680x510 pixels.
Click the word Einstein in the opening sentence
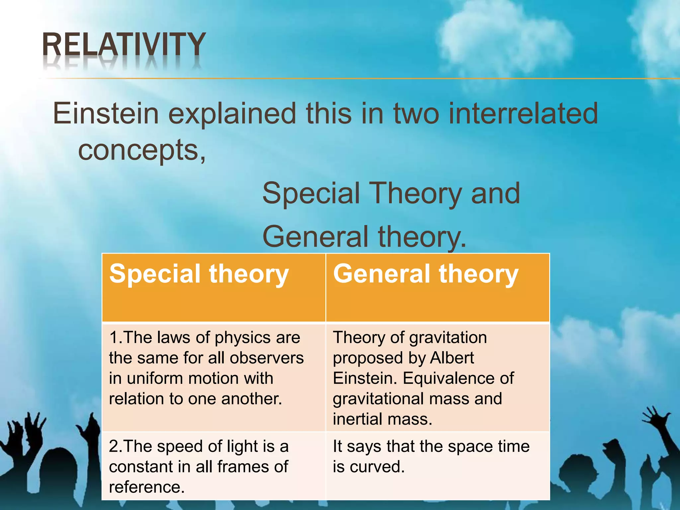106,114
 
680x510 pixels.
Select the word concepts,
142,150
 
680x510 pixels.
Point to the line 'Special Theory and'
391,194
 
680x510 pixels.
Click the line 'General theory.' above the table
364,237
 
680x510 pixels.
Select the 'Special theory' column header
199,274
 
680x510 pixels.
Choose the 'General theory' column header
426,274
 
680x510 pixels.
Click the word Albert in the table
452,358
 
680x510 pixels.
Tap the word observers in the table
267,358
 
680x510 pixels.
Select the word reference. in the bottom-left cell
146,487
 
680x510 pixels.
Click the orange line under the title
365,79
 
